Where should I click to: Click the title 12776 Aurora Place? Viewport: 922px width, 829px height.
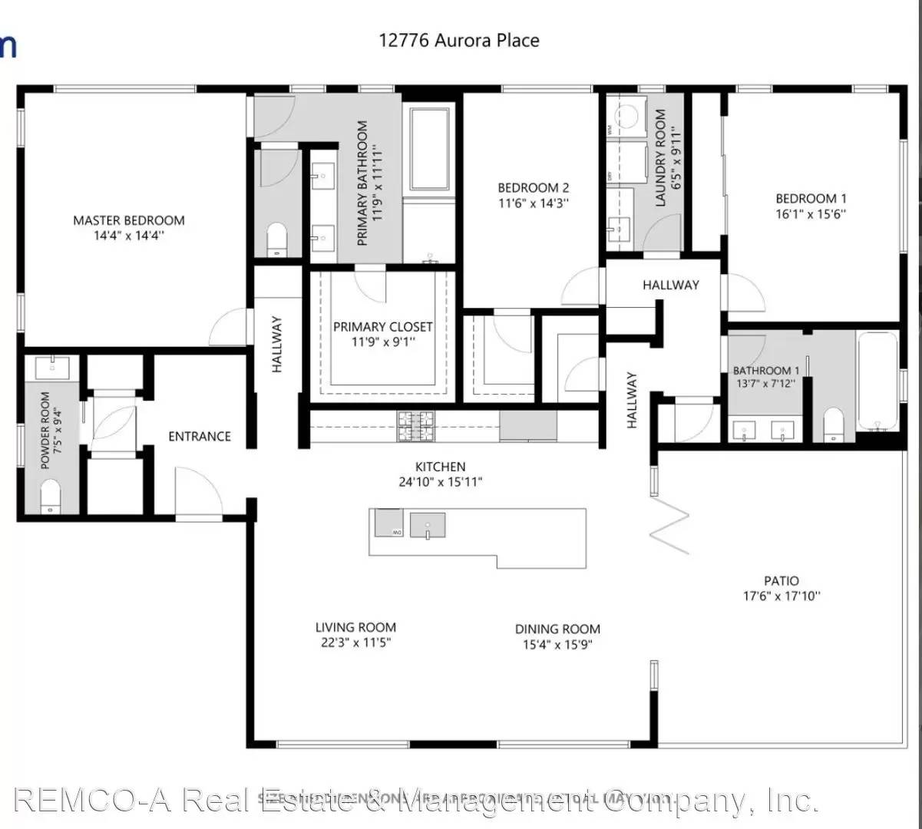pos(458,40)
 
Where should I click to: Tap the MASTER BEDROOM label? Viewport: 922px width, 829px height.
pos(128,220)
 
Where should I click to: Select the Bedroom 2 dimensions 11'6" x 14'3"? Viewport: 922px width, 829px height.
pos(533,203)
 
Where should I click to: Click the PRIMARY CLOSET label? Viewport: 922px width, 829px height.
pos(382,327)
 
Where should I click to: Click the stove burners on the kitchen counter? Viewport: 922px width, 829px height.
pos(416,426)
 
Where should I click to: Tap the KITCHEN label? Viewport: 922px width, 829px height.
pos(440,467)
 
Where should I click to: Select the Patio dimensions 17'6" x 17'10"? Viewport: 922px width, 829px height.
pos(781,596)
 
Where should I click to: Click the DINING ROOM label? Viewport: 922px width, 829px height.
pos(557,629)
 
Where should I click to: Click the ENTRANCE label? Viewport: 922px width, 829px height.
pos(200,436)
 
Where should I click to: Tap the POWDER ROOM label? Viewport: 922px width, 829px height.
pos(45,430)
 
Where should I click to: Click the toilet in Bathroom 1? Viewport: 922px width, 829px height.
pos(834,425)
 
